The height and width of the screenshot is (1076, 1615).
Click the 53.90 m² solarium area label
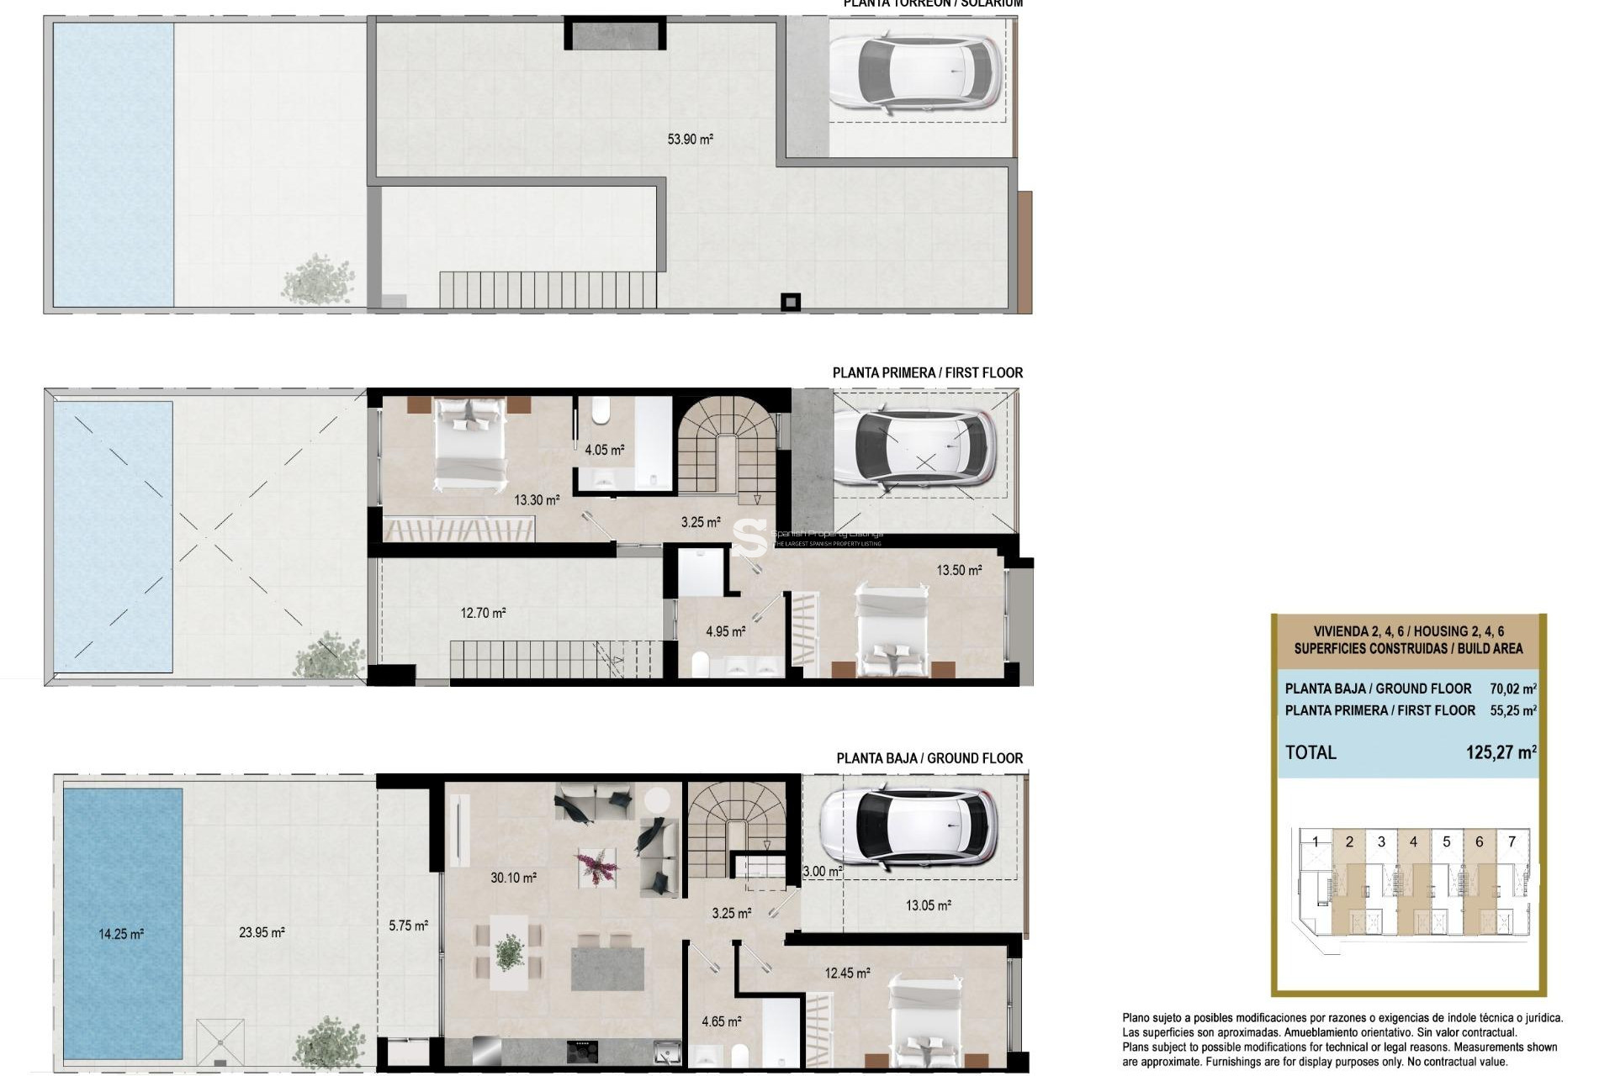(x=690, y=140)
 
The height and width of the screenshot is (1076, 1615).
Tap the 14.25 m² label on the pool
(x=121, y=934)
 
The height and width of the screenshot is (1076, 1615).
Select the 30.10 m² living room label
(x=513, y=878)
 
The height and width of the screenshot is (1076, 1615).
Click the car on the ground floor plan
(x=908, y=827)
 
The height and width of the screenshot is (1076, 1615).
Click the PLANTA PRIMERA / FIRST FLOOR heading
(x=927, y=372)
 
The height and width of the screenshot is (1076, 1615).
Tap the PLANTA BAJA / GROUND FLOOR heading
(x=929, y=758)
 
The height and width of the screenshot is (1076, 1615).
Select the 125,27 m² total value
(x=1501, y=752)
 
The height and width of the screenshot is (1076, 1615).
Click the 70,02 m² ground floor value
(x=1512, y=688)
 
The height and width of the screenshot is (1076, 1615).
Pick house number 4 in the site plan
(x=1413, y=841)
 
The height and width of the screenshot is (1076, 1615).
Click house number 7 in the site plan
(x=1512, y=841)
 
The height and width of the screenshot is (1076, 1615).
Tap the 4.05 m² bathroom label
(x=604, y=451)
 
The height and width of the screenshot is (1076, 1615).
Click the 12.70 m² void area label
(x=483, y=614)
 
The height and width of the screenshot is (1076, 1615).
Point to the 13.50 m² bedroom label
(x=959, y=570)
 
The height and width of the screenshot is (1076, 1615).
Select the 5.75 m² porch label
(x=408, y=926)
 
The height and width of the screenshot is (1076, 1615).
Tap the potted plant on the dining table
(x=509, y=952)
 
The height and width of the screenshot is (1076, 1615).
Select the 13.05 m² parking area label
(x=928, y=905)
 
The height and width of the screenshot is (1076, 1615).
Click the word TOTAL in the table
(x=1311, y=752)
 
